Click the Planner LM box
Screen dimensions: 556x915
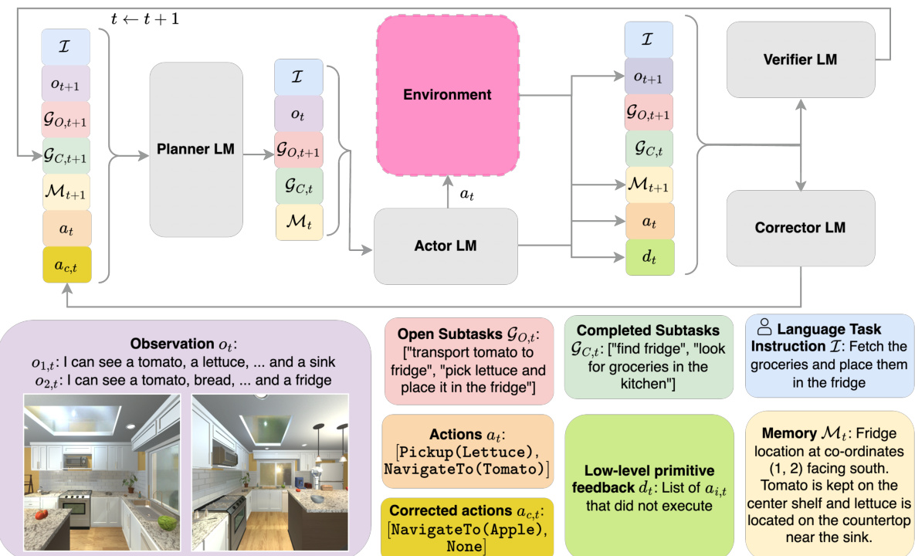pos(196,149)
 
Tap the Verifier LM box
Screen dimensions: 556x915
pos(800,59)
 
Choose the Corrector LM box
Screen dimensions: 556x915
pos(800,228)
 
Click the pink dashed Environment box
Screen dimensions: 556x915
pos(447,95)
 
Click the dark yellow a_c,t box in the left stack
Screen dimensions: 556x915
pos(67,265)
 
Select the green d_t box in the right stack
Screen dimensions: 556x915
pos(649,257)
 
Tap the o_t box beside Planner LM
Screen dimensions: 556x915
pos(299,114)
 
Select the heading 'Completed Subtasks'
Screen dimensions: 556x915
pos(647,330)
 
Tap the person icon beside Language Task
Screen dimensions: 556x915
pos(764,327)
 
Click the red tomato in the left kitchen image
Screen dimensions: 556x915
pos(41,513)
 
